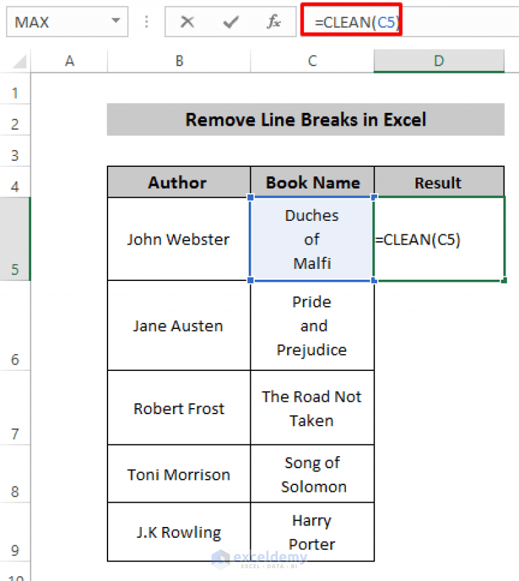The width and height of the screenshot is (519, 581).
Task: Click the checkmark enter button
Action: point(231,22)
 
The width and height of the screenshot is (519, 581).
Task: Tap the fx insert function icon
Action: point(274,22)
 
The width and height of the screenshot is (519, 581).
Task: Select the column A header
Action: point(69,61)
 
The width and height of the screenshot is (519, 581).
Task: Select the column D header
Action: point(439,61)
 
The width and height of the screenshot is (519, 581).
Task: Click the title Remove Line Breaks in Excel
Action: point(305,120)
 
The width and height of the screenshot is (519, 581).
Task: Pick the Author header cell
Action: point(178,182)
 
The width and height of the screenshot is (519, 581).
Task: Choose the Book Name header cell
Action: point(312,182)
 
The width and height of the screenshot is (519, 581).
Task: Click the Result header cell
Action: point(439,182)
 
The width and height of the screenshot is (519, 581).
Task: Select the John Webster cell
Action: point(178,239)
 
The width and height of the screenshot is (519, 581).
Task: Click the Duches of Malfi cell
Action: point(312,239)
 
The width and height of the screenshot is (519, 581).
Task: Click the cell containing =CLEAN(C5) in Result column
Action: point(439,240)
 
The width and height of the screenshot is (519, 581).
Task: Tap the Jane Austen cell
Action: point(178,326)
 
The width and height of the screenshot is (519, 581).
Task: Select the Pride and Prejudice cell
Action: point(312,326)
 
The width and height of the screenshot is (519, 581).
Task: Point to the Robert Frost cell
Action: point(178,408)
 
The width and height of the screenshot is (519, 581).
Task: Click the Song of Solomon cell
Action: point(313,474)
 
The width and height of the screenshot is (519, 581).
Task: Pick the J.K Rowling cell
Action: point(178,532)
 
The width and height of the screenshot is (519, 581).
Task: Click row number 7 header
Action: point(15,434)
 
